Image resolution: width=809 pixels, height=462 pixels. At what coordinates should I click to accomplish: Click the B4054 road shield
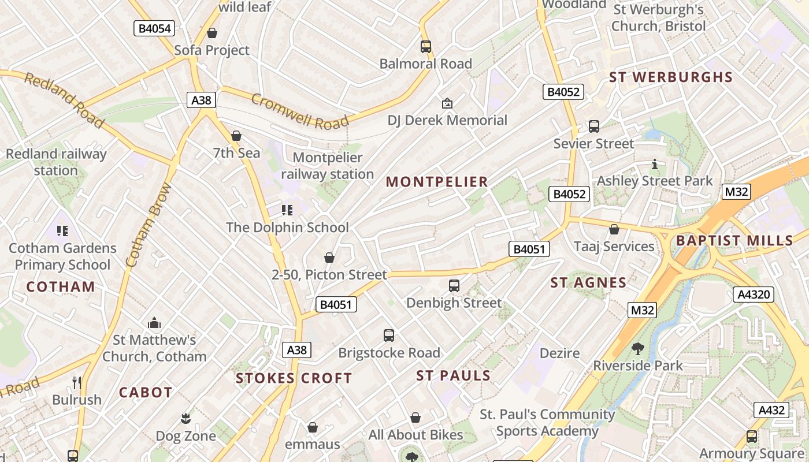(154, 28)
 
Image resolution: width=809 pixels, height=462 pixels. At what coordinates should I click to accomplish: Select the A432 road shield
(771, 410)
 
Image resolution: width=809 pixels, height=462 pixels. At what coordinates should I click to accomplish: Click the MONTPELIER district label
(437, 182)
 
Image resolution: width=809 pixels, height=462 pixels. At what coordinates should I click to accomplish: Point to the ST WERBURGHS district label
(671, 77)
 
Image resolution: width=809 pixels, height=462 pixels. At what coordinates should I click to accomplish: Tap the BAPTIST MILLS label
(734, 241)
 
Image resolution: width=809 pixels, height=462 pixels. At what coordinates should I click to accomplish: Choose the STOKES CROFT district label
(294, 379)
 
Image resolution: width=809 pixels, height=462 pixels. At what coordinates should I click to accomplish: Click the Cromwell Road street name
(300, 110)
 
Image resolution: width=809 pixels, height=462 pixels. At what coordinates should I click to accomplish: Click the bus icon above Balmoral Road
(426, 47)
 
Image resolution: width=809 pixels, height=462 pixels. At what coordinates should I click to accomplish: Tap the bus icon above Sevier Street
(593, 126)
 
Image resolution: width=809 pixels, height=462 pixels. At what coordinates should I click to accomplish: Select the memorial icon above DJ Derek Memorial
(447, 103)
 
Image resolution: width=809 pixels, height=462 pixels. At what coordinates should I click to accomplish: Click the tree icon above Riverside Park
(638, 348)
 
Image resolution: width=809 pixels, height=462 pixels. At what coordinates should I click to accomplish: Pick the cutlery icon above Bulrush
(77, 382)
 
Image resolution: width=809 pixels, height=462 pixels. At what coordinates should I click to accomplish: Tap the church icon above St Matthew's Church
(154, 323)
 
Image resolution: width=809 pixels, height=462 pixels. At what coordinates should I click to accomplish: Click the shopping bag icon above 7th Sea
(236, 136)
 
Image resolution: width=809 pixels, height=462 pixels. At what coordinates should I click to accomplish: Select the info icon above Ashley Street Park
(655, 164)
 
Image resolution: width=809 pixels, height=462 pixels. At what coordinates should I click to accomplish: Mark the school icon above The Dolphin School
(287, 210)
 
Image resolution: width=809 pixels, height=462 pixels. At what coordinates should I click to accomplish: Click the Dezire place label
(559, 352)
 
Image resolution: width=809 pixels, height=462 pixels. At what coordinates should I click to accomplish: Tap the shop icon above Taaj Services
(614, 229)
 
